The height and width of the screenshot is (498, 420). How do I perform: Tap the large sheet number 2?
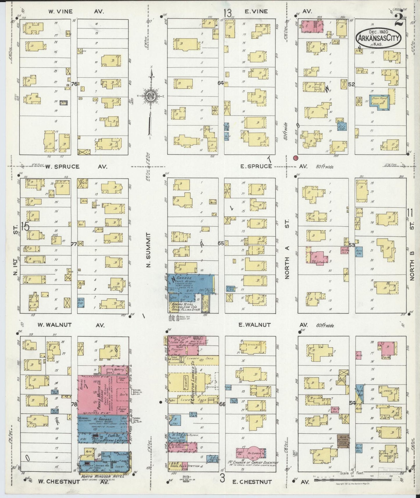click(x=399, y=20)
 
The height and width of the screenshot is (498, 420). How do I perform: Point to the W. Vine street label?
click(x=61, y=12)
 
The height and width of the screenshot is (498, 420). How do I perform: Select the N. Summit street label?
click(x=148, y=250)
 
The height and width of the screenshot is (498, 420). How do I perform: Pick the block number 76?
click(x=74, y=84)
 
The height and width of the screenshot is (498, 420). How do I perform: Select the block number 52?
click(x=352, y=84)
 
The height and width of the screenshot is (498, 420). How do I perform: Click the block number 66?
click(x=222, y=404)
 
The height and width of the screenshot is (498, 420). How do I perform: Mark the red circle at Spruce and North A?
click(x=296, y=158)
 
